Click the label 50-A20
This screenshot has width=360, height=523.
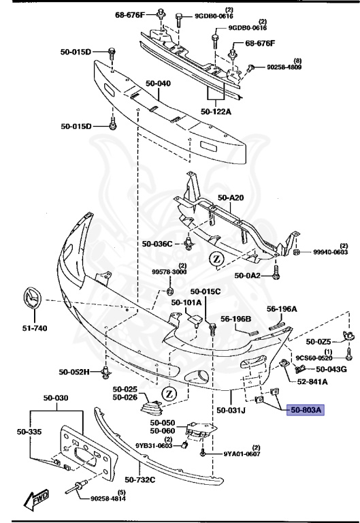tap(230, 197)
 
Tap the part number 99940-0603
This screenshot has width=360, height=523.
tap(331, 252)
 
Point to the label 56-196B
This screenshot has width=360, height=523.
tap(235, 319)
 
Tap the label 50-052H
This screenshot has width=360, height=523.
tap(73, 373)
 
